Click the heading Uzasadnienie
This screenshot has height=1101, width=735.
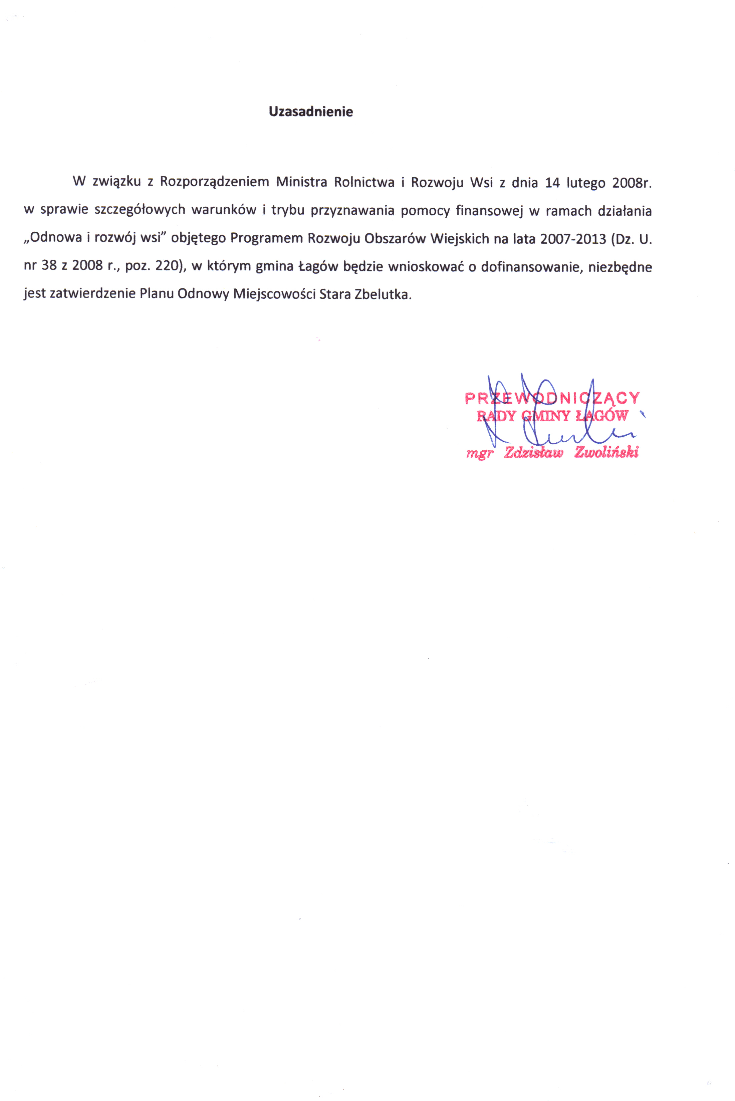tap(311, 112)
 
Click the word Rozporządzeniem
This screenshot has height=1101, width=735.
tap(214, 182)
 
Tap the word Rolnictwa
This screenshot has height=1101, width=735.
tap(364, 182)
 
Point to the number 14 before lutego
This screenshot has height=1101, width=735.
tap(552, 182)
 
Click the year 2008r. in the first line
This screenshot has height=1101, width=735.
tap(632, 182)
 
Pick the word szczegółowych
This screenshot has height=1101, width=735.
tap(140, 210)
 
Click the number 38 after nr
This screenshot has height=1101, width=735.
tap(49, 266)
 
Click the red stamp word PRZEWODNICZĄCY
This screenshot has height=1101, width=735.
tap(552, 398)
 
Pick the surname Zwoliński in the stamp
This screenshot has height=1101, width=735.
tap(606, 452)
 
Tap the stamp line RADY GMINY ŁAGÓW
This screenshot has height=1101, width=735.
tap(552, 415)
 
